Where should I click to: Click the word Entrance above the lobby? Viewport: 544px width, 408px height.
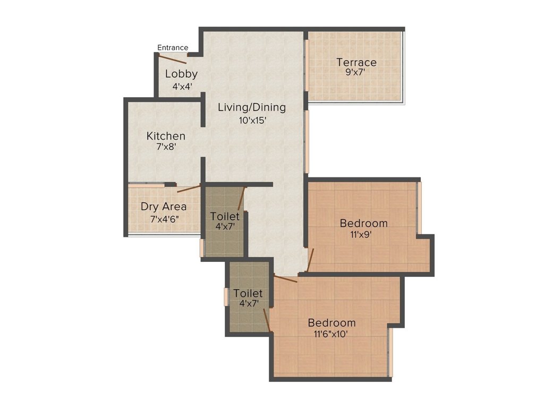click(173, 48)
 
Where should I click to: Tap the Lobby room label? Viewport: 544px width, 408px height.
click(181, 74)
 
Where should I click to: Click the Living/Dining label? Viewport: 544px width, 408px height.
click(252, 107)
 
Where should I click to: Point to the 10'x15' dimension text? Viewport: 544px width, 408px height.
click(252, 121)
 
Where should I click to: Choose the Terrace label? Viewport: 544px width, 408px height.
click(356, 62)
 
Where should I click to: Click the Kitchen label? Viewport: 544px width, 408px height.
click(166, 137)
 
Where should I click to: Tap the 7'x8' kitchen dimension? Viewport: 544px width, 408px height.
click(166, 148)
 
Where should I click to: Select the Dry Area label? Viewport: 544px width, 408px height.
click(164, 207)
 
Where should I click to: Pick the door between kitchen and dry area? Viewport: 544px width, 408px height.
click(189, 188)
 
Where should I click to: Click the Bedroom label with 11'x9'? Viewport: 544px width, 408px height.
click(364, 223)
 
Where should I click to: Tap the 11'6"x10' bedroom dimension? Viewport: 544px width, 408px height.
click(332, 334)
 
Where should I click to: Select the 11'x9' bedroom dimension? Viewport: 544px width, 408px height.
click(364, 234)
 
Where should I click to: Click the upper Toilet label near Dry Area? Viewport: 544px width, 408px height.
click(225, 216)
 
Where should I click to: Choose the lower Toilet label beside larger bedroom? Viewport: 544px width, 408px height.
click(248, 293)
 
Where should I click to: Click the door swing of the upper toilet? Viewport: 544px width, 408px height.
click(241, 199)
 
